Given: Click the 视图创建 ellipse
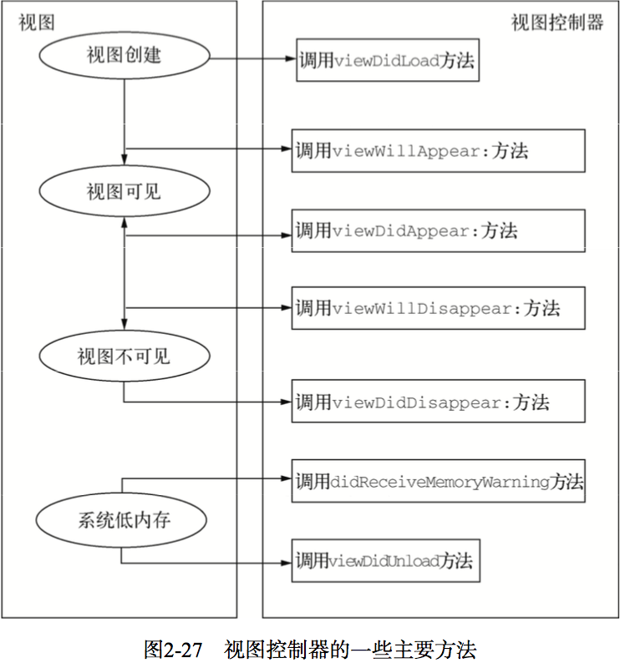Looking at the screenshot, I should tap(124, 58).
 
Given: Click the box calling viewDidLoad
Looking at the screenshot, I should tap(388, 60).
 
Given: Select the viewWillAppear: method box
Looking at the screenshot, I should tap(438, 151).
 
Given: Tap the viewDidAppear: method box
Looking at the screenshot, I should tap(438, 230).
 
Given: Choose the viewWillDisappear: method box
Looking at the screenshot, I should tap(438, 308).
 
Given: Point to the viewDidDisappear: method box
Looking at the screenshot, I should tap(438, 402).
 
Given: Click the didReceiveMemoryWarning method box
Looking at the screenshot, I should tap(438, 481).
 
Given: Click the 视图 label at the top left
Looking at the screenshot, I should tap(36, 23).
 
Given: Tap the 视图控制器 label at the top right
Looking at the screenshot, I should tap(557, 23).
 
